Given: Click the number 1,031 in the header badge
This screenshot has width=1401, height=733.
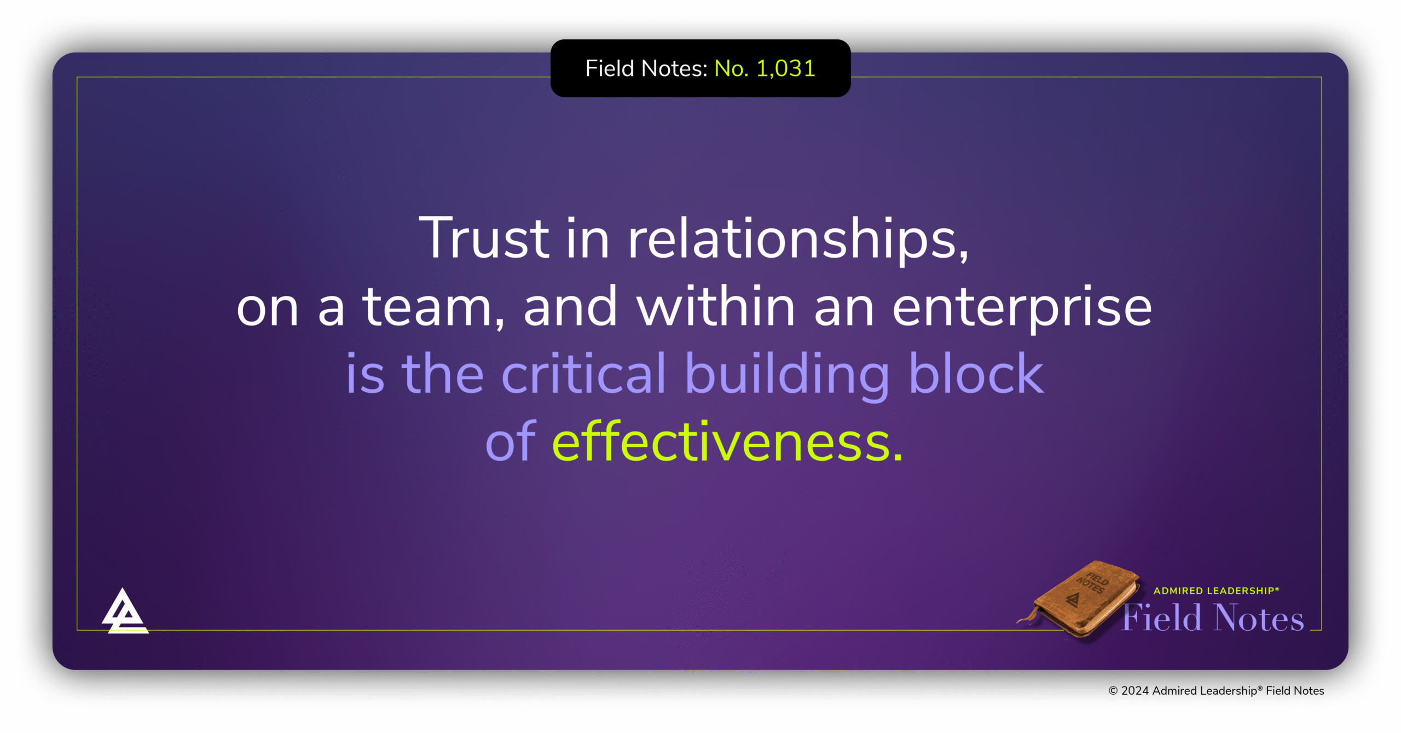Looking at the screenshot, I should point(785,69).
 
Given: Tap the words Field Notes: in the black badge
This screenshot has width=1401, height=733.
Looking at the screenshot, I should point(646,69).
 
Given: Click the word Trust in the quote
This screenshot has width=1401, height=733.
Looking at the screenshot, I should point(484,238).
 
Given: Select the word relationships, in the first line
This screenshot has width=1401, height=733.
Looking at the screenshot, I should point(798,238).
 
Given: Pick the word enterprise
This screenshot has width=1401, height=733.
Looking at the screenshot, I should point(1022,307).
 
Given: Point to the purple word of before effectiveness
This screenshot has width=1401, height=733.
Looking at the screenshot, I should point(510,442).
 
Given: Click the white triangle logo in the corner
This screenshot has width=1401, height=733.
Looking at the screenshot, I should point(124,612).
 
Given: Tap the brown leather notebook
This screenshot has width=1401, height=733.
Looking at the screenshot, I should point(1081,598).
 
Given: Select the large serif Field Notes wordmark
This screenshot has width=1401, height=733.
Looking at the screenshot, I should point(1213,618).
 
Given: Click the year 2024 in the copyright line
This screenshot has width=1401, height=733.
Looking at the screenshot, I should point(1134,691).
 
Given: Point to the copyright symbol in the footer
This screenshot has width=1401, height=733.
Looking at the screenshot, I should point(1113,691).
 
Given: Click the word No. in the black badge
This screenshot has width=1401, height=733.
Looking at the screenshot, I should point(731,69).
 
